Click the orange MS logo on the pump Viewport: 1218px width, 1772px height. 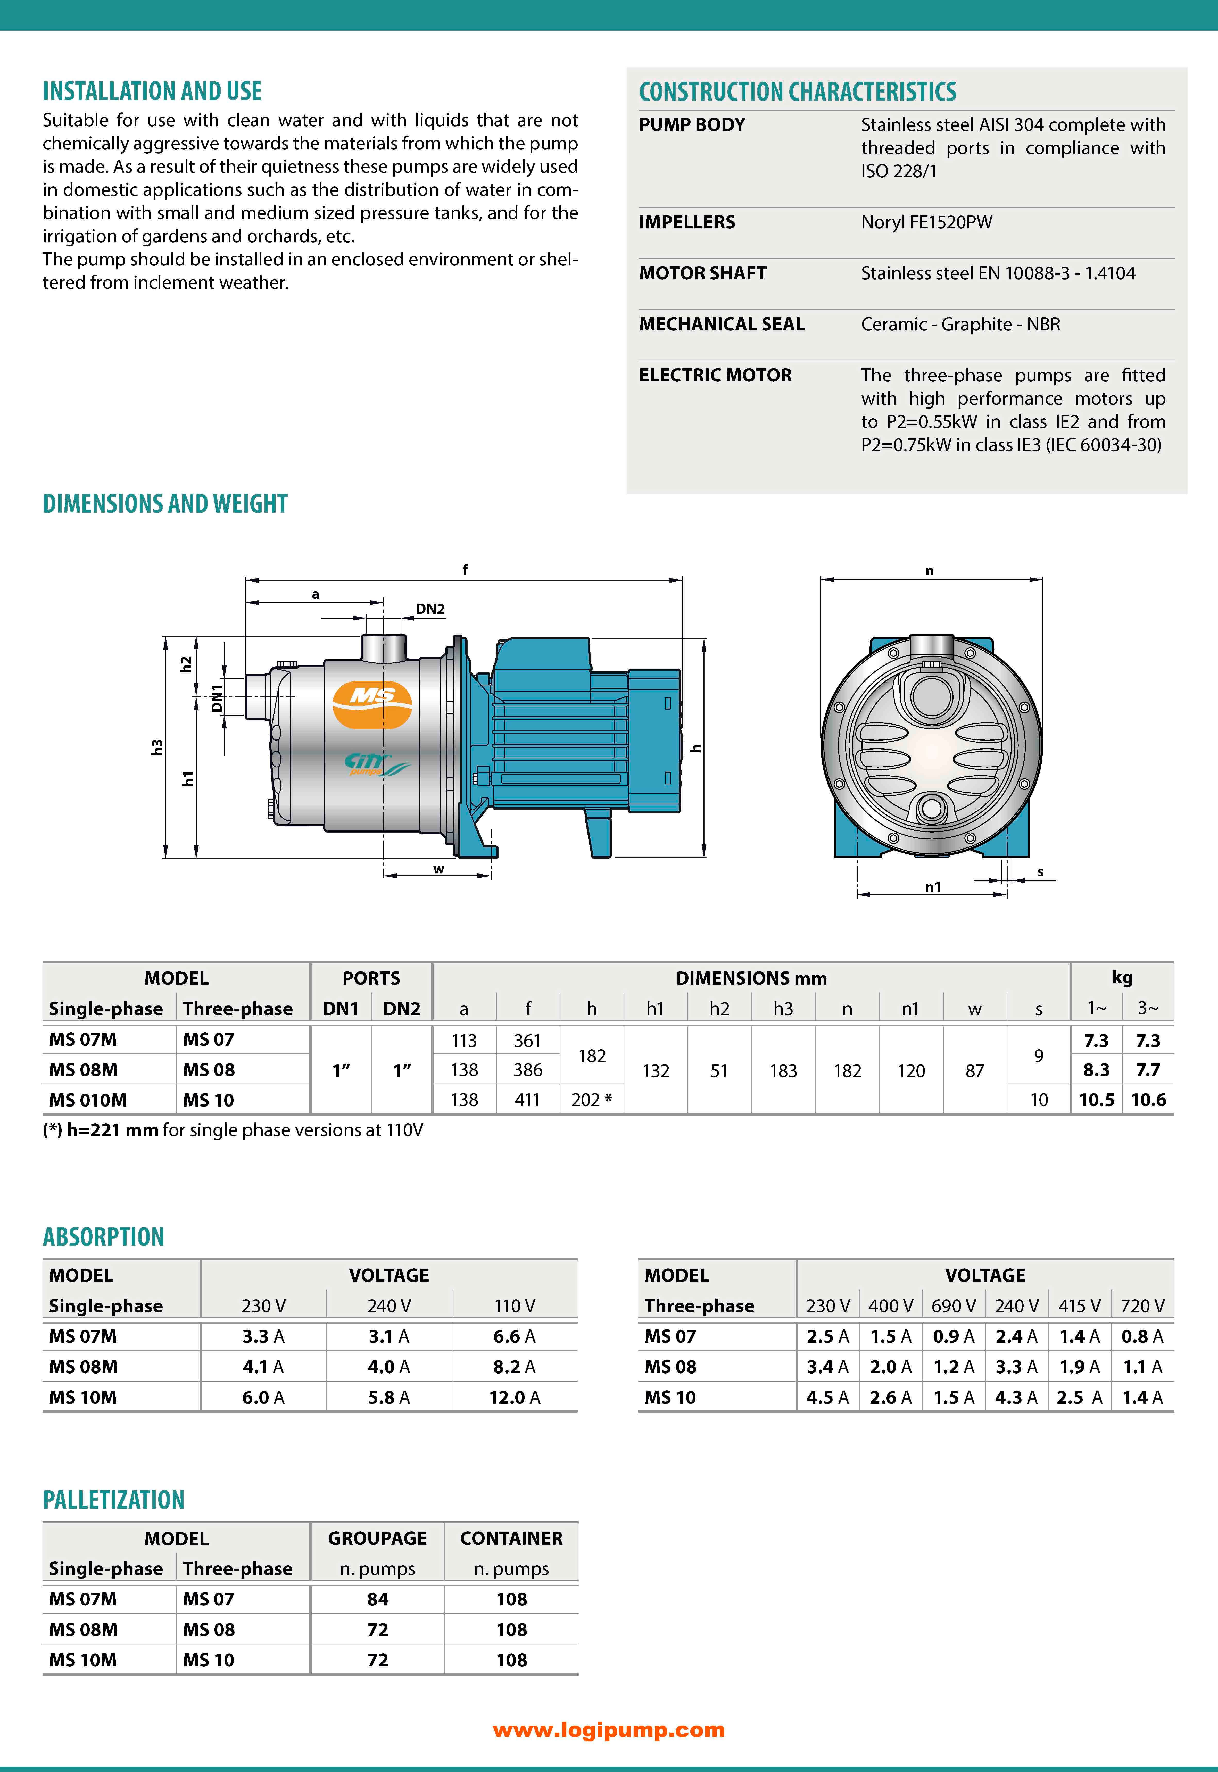tap(372, 697)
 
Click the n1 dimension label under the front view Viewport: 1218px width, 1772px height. tap(933, 887)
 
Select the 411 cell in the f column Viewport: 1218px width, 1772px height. tap(527, 1100)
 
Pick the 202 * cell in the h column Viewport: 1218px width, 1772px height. tap(591, 1100)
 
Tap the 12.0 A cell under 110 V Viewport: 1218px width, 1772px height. tap(514, 1397)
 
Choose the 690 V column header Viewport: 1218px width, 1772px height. tap(953, 1306)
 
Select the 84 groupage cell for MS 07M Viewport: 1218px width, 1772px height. tap(378, 1599)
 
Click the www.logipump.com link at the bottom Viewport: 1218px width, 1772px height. tap(608, 1730)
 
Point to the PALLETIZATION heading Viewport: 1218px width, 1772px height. tap(114, 1500)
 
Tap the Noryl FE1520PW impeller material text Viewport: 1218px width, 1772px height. tap(926, 222)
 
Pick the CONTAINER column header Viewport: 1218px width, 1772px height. tap(511, 1538)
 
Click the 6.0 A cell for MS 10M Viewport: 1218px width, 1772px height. tap(263, 1397)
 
